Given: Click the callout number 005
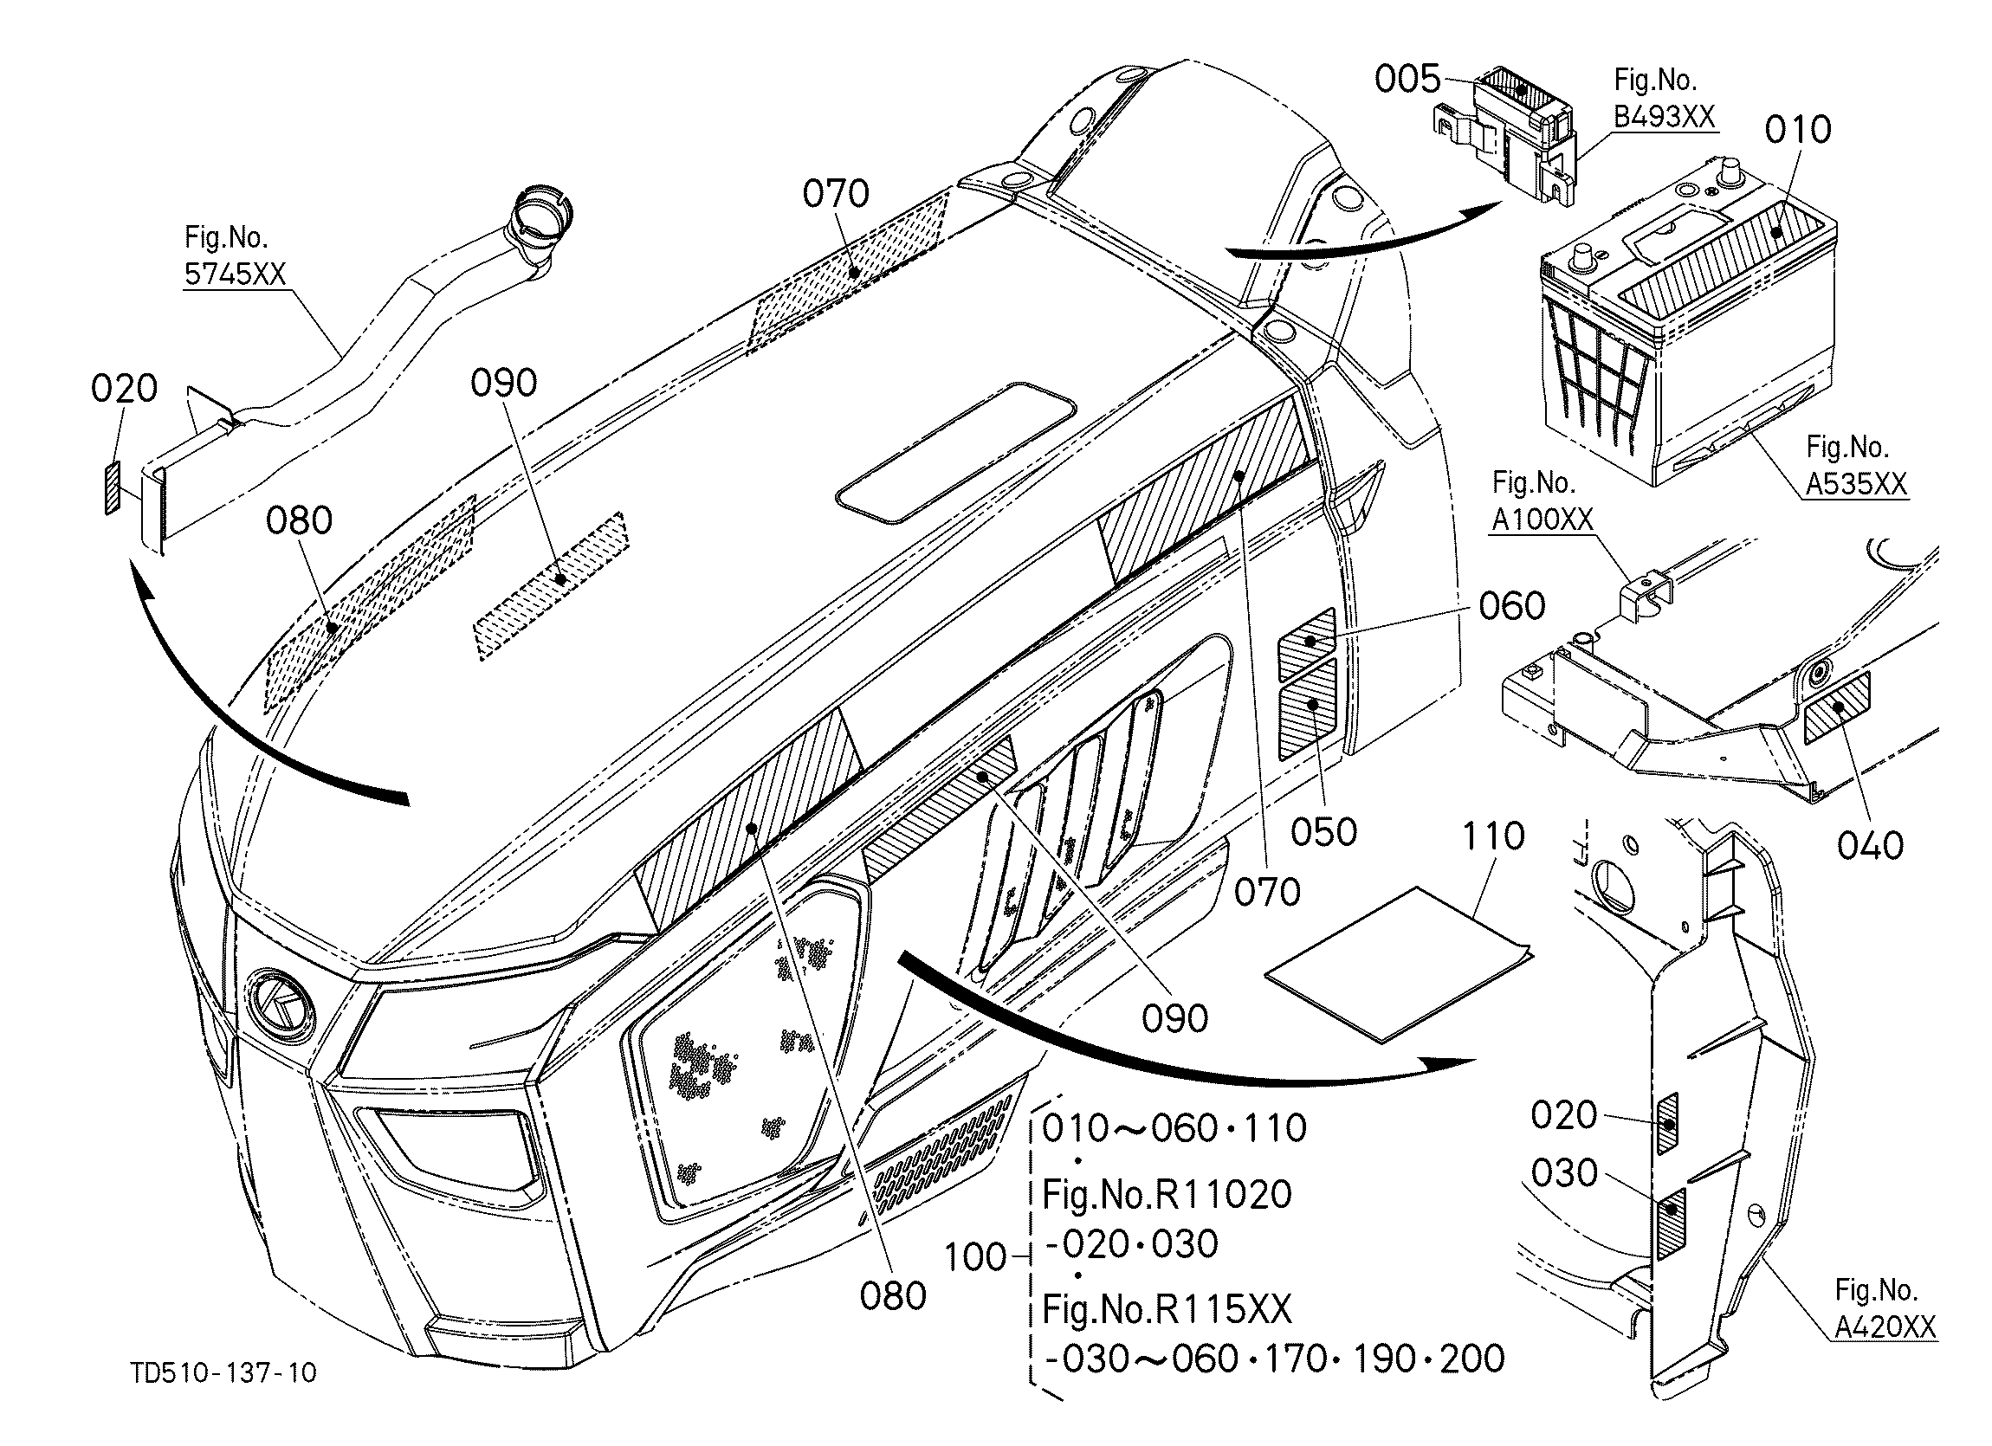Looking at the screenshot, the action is (1408, 80).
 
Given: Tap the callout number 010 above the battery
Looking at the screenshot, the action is (1798, 130).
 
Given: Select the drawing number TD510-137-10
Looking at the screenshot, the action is (223, 1373).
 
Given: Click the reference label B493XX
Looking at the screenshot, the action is (1665, 117).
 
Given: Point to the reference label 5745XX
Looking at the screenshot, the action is (236, 274).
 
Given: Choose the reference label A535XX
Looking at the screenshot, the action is (1857, 484).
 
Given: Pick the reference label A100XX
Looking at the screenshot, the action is (1543, 520).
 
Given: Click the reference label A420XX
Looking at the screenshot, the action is (1885, 1327).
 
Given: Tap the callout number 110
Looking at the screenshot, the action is (1493, 836).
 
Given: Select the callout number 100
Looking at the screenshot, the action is (976, 1257).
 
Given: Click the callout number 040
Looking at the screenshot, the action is (1870, 845).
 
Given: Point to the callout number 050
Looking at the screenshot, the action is (1323, 832).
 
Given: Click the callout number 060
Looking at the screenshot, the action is (1511, 606).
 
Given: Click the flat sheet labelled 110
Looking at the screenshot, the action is (1398, 964).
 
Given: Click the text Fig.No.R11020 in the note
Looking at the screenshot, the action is (1167, 1194).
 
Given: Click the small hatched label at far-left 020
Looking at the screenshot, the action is (111, 490).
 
